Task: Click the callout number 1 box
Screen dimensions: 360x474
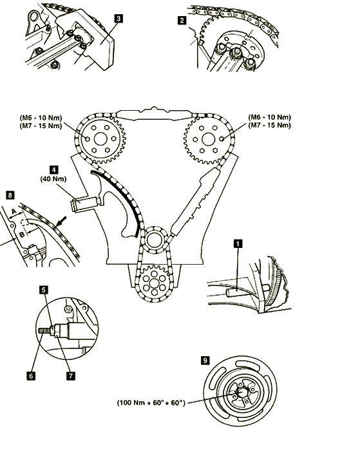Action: click(x=238, y=243)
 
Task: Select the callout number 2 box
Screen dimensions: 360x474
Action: click(x=182, y=20)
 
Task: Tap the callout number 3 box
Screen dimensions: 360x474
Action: click(x=118, y=19)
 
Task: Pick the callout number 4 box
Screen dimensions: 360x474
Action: click(x=53, y=169)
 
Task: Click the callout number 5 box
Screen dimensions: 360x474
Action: click(x=44, y=290)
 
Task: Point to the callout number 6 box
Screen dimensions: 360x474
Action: click(x=31, y=375)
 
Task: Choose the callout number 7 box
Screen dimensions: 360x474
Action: click(x=70, y=375)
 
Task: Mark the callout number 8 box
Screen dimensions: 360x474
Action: click(x=10, y=195)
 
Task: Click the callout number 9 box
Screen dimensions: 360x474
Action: click(x=205, y=361)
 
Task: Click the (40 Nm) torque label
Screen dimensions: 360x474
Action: click(x=53, y=179)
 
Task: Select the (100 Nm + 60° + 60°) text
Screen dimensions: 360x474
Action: click(x=151, y=403)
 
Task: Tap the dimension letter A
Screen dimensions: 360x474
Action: click(x=14, y=213)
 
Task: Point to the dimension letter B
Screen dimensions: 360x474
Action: click(x=21, y=234)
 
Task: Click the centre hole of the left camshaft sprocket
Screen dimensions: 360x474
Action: click(x=100, y=139)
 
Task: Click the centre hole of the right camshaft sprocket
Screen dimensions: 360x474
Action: click(x=208, y=139)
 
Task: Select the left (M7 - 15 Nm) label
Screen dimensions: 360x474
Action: click(x=41, y=126)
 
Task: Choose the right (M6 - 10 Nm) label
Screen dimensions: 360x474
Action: click(x=270, y=117)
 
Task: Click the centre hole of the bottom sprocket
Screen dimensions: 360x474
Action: click(x=154, y=283)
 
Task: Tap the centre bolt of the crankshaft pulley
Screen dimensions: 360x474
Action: click(x=241, y=393)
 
